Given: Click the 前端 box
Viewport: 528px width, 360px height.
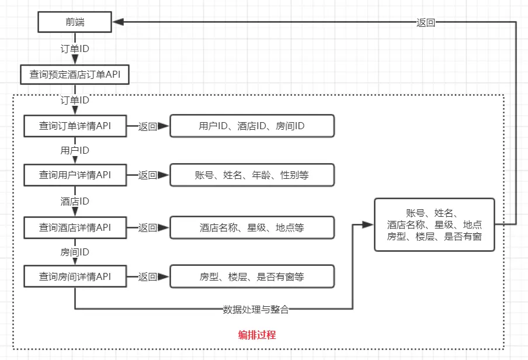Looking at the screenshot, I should (x=75, y=23).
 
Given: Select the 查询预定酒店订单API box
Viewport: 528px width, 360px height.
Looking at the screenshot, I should (x=75, y=75).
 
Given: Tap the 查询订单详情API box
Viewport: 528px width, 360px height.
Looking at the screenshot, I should (x=75, y=126).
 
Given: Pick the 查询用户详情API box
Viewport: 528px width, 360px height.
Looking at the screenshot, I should (x=75, y=175).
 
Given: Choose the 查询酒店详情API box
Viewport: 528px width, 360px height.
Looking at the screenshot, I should (x=75, y=227).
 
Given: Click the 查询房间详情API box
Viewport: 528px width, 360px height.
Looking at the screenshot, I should (x=75, y=276).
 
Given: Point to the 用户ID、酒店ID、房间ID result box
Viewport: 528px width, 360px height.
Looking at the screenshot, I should (x=252, y=126).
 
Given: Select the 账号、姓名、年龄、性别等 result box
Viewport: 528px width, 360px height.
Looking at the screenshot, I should (x=252, y=175).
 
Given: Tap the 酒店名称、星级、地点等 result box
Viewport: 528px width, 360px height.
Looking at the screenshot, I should (x=252, y=227).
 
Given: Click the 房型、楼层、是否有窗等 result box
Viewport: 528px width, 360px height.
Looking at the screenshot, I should (x=252, y=276).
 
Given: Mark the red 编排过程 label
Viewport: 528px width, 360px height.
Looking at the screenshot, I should (x=257, y=335).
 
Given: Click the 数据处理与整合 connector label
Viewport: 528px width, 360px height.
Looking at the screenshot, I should (x=256, y=309).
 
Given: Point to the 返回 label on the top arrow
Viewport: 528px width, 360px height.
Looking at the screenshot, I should (x=426, y=23).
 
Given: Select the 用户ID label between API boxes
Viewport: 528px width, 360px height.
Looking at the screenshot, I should (x=75, y=151).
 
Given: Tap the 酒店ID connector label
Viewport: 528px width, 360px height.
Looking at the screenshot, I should (x=75, y=202).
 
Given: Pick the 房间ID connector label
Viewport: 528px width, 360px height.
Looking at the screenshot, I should (x=75, y=252).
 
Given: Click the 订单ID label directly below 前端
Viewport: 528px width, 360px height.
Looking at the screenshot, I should (x=75, y=49).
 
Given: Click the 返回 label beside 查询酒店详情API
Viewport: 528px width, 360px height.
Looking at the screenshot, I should (x=147, y=227).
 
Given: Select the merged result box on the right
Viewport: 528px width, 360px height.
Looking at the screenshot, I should (x=434, y=224).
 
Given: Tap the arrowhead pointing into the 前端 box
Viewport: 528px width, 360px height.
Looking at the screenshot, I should (x=117, y=23).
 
